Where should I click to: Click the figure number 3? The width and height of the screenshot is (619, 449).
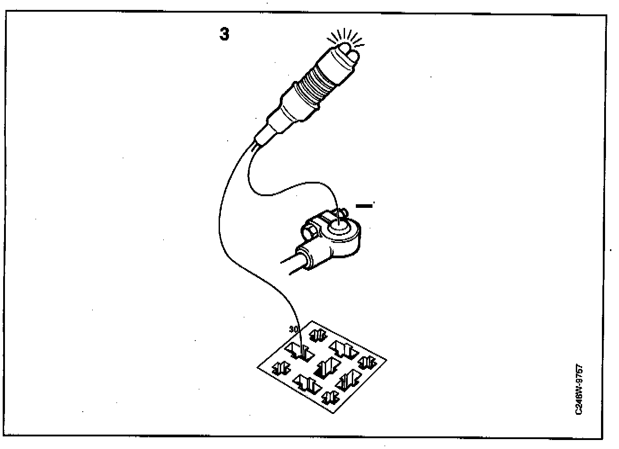pos(224,34)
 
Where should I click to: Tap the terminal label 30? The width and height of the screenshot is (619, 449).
pos(293,330)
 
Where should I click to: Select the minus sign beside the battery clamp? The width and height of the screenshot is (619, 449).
pos(364,206)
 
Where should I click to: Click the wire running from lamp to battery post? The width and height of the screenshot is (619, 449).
pos(288,189)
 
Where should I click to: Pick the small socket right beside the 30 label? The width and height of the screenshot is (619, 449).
pos(319,335)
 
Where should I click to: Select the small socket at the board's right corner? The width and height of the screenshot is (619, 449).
pos(367,362)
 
